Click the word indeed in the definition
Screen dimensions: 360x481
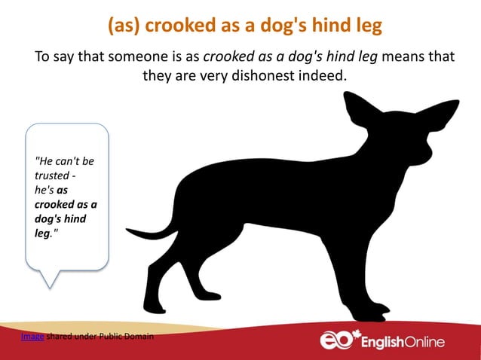[x=326, y=77]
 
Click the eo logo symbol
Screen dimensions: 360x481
[x=335, y=340]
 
